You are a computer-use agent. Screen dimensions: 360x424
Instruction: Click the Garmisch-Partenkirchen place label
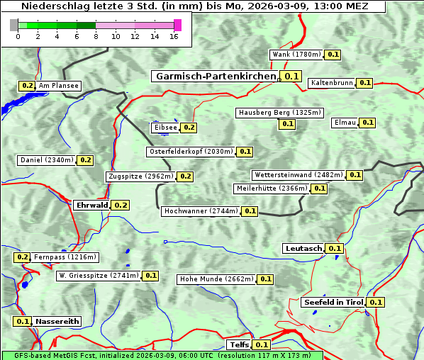[215, 76]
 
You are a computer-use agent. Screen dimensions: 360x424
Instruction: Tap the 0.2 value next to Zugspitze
[186, 176]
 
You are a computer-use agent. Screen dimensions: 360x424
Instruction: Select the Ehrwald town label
[91, 206]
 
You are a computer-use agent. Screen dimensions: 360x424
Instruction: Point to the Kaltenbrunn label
[331, 83]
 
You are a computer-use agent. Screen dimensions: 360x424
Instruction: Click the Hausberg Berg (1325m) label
[279, 113]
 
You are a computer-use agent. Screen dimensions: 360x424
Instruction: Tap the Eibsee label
[165, 128]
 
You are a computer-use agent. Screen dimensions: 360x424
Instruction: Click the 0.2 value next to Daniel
[85, 160]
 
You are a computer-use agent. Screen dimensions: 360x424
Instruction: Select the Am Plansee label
[57, 86]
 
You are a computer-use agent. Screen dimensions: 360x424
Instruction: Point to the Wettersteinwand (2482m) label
[298, 175]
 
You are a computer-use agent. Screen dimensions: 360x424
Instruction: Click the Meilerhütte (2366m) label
[272, 189]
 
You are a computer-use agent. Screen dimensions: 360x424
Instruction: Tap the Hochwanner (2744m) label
[201, 211]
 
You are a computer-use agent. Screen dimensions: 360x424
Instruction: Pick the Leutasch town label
[303, 248]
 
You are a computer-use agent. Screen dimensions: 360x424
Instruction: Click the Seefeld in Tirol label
[333, 302]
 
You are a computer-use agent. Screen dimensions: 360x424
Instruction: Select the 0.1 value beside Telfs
[262, 345]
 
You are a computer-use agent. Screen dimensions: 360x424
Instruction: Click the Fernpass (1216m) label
[65, 257]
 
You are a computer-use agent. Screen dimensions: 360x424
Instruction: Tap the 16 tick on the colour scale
[173, 36]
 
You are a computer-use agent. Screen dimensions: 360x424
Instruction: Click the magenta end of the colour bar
[177, 26]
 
